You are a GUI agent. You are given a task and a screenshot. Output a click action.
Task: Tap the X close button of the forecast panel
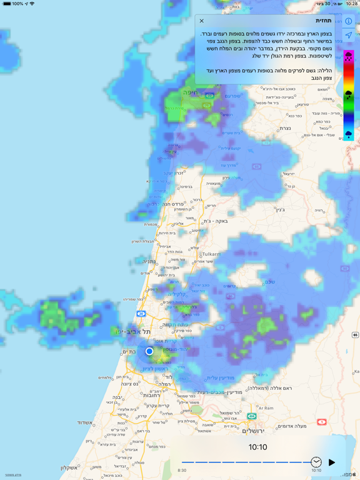pyautogui.click(x=202, y=21)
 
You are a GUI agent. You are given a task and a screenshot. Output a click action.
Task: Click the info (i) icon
pyautogui.click(x=349, y=21)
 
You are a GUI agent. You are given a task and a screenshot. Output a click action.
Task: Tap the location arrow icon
pyautogui.click(x=349, y=36)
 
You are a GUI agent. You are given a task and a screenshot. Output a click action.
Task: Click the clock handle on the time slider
pyautogui.click(x=316, y=462)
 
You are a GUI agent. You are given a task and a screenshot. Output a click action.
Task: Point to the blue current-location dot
pyautogui.click(x=149, y=352)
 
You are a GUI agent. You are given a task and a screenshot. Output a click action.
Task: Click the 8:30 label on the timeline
pyautogui.click(x=182, y=471)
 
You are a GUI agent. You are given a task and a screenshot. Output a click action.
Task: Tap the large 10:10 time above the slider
pyautogui.click(x=257, y=447)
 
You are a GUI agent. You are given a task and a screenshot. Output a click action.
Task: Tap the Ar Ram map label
pyautogui.click(x=266, y=408)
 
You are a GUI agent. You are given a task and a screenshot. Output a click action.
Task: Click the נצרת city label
pyautogui.click(x=285, y=128)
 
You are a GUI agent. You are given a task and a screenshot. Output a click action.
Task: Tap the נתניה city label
pyautogui.click(x=147, y=262)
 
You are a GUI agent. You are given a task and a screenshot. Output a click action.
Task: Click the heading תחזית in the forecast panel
pyautogui.click(x=323, y=21)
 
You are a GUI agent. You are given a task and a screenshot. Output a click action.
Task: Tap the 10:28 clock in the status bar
pyautogui.click(x=351, y=4)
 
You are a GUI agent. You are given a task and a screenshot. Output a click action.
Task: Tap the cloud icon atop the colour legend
pyautogui.click(x=349, y=57)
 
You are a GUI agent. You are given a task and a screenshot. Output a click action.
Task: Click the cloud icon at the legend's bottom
pyautogui.click(x=349, y=134)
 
